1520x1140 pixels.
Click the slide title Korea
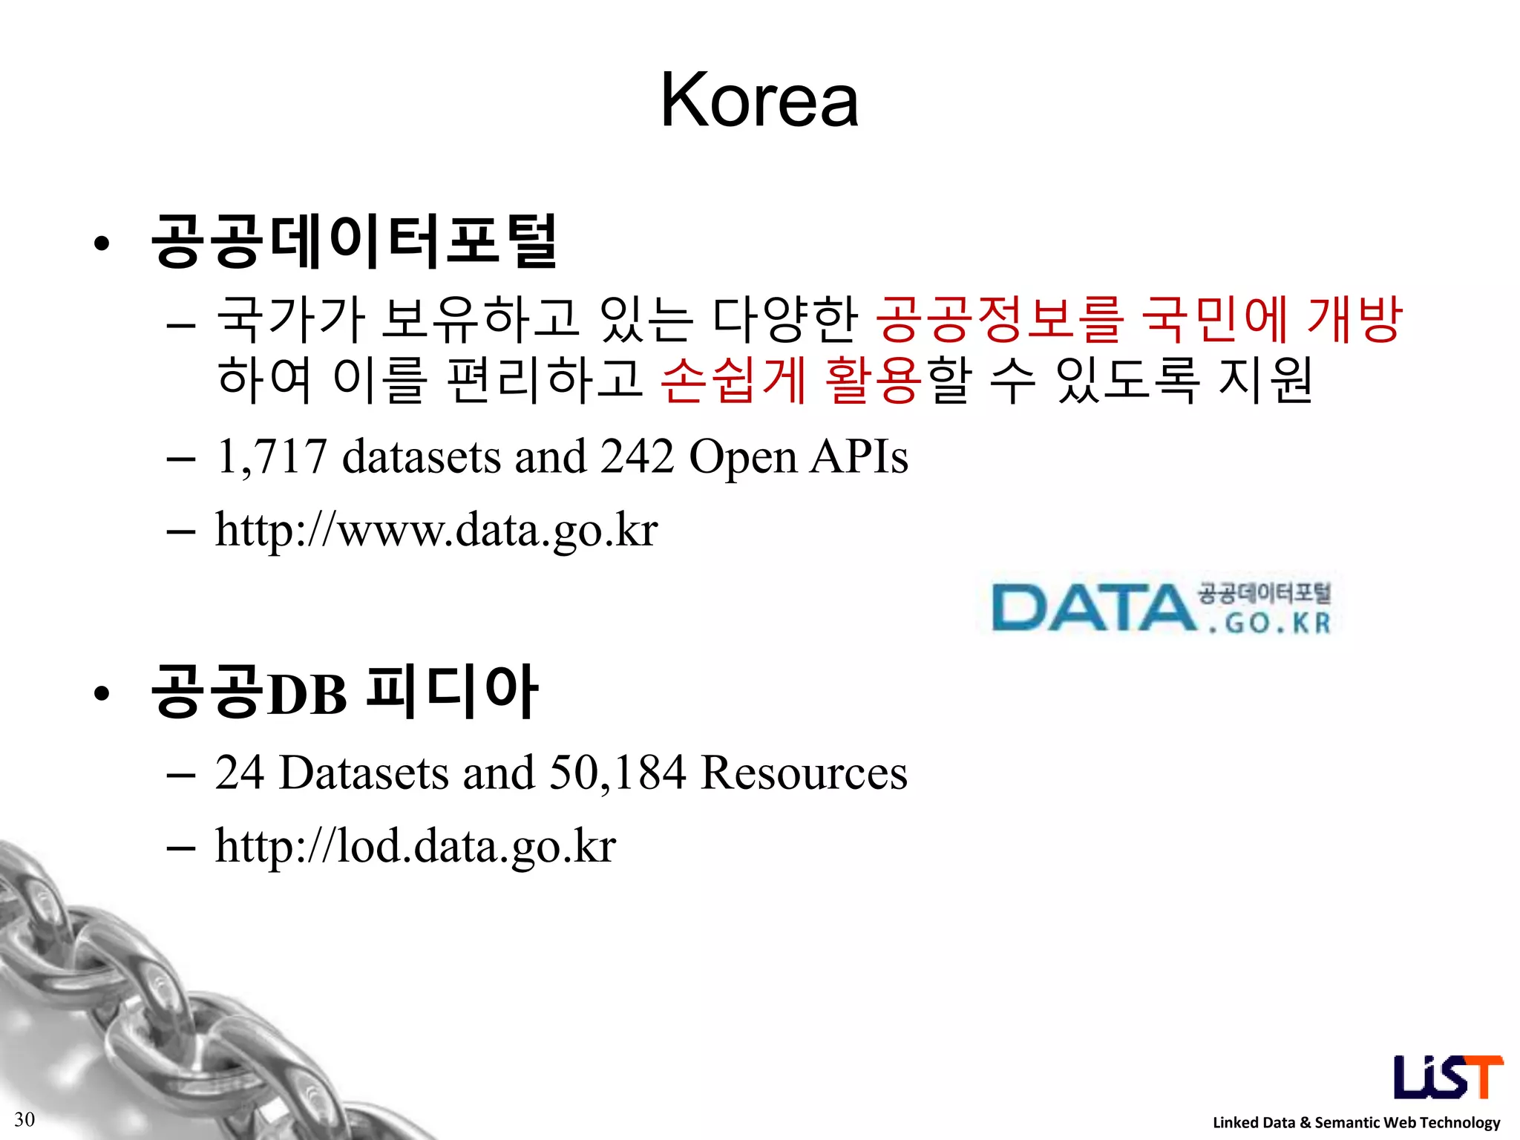759,100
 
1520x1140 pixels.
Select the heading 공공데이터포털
354,240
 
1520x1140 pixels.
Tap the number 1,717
272,456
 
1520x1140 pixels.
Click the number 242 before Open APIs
638,456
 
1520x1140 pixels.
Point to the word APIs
859,456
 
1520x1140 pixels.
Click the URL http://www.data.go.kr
436,530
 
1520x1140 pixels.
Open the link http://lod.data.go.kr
416,845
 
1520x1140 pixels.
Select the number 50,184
617,773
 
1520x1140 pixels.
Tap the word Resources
804,773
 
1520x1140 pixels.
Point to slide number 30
24,1119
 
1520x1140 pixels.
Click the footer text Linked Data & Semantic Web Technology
1356,1122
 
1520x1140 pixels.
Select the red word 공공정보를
999,319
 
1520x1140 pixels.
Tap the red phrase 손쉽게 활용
790,379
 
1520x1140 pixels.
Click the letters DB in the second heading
307,695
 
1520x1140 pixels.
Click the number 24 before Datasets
240,773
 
